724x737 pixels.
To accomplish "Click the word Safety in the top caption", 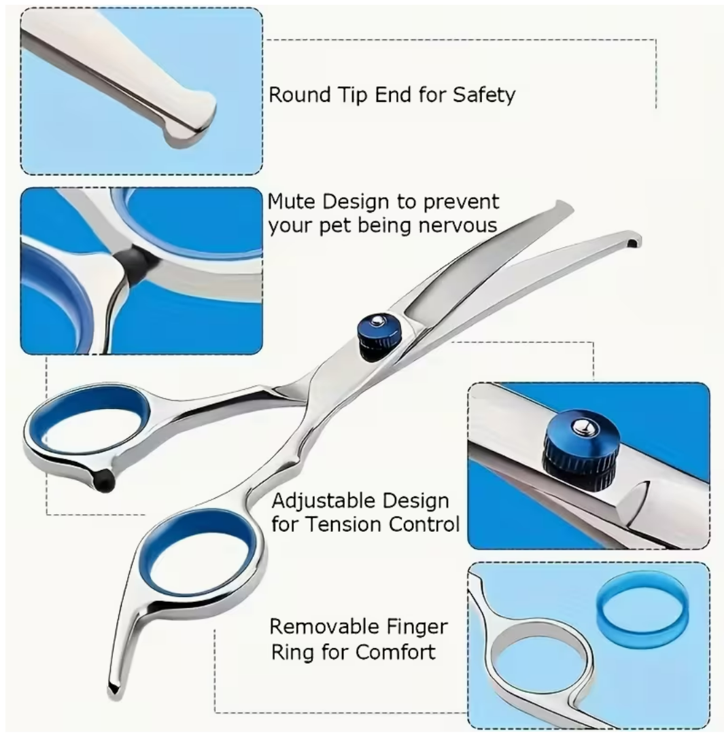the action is click(x=483, y=95).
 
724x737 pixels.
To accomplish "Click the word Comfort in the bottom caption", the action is click(x=396, y=652).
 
